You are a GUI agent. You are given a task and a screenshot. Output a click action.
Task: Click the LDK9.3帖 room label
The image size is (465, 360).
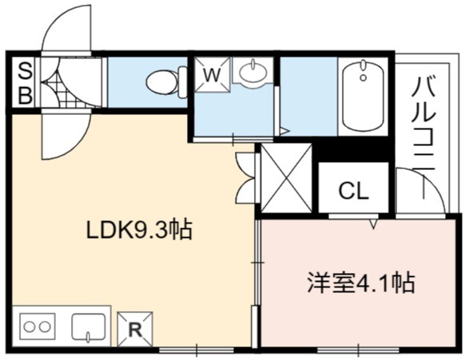[139, 230]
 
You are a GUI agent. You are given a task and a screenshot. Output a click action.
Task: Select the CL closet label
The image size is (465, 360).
[353, 191]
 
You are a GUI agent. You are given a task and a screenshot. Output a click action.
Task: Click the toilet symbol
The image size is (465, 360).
[167, 82]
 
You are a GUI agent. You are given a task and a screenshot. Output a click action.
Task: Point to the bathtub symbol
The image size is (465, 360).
[364, 95]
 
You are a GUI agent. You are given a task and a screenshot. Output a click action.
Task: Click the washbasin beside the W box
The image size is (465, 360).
[252, 72]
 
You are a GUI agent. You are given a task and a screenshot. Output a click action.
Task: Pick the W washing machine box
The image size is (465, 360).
[213, 75]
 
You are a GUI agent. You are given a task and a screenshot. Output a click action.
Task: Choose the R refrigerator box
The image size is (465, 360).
[135, 329]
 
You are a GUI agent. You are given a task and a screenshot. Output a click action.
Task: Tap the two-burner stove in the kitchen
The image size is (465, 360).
[38, 326]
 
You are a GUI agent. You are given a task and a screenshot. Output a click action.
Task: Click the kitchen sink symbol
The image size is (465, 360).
[89, 326]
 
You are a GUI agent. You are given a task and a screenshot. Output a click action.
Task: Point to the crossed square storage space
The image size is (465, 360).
[286, 178]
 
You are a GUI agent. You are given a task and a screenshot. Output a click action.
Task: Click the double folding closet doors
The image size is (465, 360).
[247, 177]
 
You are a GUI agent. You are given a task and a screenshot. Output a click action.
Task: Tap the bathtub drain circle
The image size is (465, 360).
[364, 77]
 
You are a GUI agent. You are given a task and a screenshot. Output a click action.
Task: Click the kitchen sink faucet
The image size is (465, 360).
[88, 337]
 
